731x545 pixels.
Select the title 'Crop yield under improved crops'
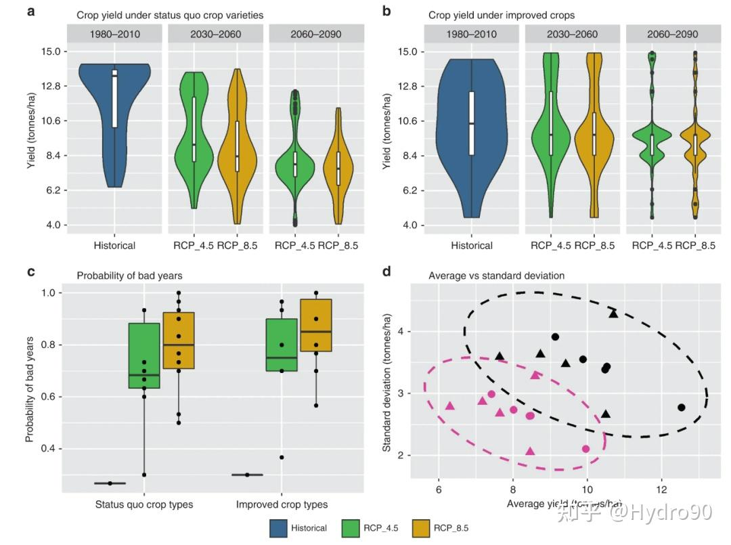pos(502,15)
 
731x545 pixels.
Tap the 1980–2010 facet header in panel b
pos(471,34)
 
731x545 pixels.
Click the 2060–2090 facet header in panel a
pos(316,34)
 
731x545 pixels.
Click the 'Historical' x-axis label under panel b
pos(472,246)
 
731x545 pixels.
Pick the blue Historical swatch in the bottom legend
pos(279,528)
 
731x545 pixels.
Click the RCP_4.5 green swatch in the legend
pos(350,528)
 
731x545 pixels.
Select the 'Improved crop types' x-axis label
pos(282,504)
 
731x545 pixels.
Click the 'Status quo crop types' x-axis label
pos(144,504)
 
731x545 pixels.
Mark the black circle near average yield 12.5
pos(681,408)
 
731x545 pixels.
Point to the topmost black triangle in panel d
pos(613,313)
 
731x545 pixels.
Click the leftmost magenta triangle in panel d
pos(450,406)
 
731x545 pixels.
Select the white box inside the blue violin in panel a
pos(115,98)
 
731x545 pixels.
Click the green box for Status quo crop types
pos(143,355)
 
